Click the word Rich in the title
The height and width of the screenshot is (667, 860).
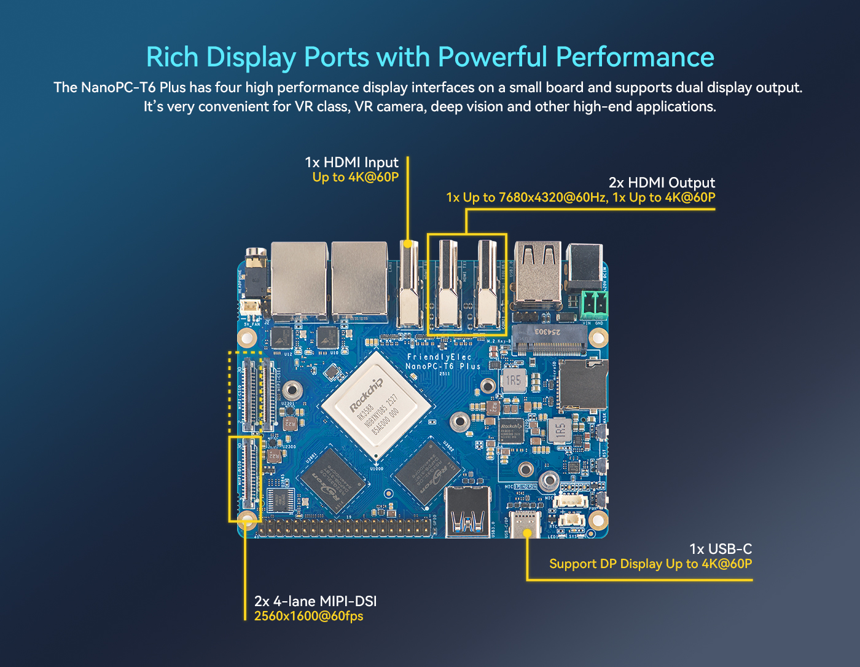click(x=172, y=57)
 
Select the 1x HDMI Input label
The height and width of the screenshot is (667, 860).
click(x=351, y=162)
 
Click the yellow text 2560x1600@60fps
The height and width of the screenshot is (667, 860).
click(x=308, y=616)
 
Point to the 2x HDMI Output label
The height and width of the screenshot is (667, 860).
click(x=662, y=183)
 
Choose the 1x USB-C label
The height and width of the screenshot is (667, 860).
click(x=720, y=549)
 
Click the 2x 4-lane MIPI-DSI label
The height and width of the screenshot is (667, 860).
click(x=315, y=601)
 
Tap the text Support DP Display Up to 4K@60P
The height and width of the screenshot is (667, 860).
click(x=650, y=564)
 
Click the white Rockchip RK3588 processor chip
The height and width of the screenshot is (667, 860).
click(x=375, y=406)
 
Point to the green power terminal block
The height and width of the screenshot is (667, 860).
click(x=594, y=304)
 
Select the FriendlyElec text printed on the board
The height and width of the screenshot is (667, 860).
click(x=439, y=357)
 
